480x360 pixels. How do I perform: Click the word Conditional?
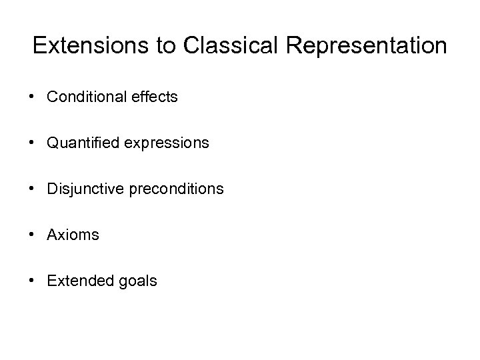(x=84, y=97)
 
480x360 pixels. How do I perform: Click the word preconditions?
(x=175, y=189)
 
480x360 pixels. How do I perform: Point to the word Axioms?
(x=73, y=235)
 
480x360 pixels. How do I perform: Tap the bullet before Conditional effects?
(x=32, y=97)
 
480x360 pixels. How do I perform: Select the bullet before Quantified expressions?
(x=32, y=143)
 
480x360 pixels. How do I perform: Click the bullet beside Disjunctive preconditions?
(x=32, y=189)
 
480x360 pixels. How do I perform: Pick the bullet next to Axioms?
(x=32, y=235)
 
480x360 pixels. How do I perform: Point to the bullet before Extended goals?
(x=32, y=281)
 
